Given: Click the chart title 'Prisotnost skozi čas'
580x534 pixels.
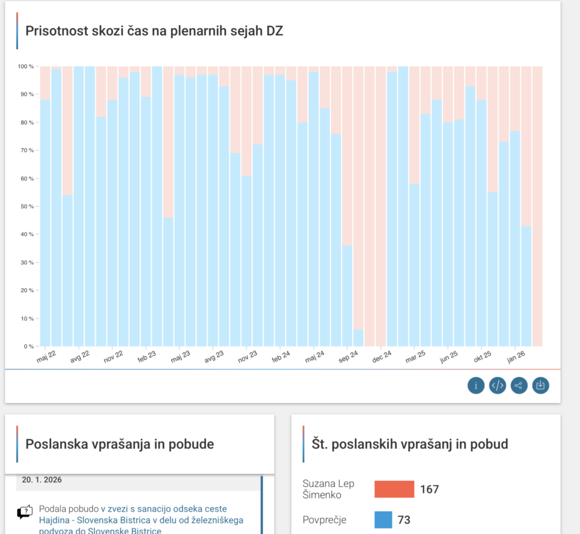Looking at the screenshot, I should pyautogui.click(x=154, y=31).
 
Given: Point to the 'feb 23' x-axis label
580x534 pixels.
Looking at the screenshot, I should pyautogui.click(x=146, y=357).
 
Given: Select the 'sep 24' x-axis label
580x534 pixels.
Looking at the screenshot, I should pyautogui.click(x=348, y=357).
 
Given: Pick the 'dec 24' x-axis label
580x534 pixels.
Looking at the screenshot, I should pyautogui.click(x=382, y=357).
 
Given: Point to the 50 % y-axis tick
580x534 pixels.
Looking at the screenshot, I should pyautogui.click(x=27, y=206).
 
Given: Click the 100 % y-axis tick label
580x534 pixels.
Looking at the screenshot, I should pyautogui.click(x=25, y=66).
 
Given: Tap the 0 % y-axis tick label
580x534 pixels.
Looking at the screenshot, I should pyautogui.click(x=28, y=346).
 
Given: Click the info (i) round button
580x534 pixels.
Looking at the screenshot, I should pyautogui.click(x=476, y=386).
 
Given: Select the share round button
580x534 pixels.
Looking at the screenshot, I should pyautogui.click(x=519, y=386).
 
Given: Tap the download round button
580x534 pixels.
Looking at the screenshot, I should pyautogui.click(x=540, y=386).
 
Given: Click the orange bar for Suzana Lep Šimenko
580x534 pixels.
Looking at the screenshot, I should pyautogui.click(x=394, y=489).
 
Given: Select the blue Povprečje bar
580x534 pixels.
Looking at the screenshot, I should pyautogui.click(x=383, y=520).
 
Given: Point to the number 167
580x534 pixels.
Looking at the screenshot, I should pyautogui.click(x=429, y=489).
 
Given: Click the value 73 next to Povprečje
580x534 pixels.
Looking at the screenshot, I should pyautogui.click(x=404, y=520).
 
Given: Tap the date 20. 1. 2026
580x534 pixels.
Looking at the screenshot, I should pyautogui.click(x=42, y=480).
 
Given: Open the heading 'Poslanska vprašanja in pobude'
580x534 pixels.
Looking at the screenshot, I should pyautogui.click(x=120, y=444).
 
